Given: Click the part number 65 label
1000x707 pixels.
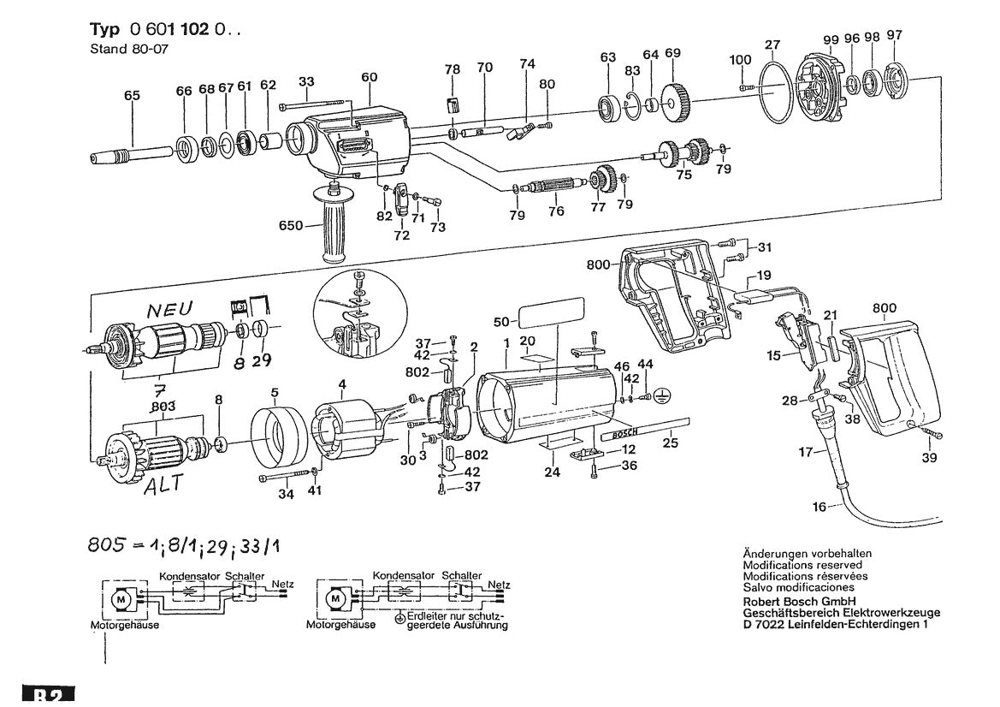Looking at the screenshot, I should tap(131, 97).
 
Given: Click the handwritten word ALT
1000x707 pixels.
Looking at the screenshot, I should tap(163, 484).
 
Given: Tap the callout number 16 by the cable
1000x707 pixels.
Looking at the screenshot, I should tap(820, 507).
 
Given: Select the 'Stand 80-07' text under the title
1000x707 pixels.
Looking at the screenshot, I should tap(129, 49).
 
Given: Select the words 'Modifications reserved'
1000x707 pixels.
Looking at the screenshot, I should tap(802, 566).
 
